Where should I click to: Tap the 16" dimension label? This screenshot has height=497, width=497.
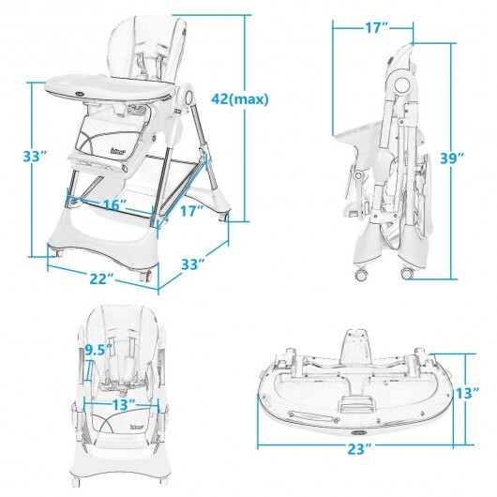[x=115, y=204]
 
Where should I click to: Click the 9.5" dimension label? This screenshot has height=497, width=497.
[x=98, y=350]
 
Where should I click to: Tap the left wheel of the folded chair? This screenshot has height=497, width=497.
[x=362, y=275]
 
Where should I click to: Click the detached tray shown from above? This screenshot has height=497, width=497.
[x=355, y=385]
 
